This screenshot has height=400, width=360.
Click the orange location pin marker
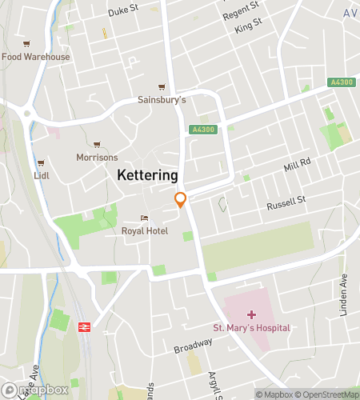(x=181, y=200)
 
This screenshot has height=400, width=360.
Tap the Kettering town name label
(x=147, y=174)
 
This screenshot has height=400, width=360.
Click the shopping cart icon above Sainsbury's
(x=162, y=87)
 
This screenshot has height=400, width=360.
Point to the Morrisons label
(x=97, y=157)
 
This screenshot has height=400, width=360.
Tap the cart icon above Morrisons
(x=98, y=144)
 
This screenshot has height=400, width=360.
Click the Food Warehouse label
(x=35, y=57)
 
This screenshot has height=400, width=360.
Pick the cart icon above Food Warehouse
(x=27, y=44)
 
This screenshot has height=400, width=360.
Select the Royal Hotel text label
(x=145, y=230)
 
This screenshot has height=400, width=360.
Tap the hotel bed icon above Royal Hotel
(x=144, y=218)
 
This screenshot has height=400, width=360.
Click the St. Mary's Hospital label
(x=251, y=328)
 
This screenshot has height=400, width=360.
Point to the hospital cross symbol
(x=251, y=314)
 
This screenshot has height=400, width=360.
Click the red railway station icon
(x=83, y=327)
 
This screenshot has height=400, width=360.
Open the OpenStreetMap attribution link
(x=327, y=394)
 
